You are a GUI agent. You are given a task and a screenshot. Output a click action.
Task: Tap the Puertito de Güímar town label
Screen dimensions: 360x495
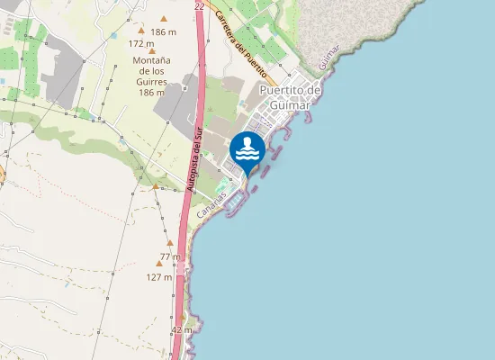click(x=290, y=97)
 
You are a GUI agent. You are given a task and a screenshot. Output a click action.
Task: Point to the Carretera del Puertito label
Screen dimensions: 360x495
click(x=240, y=41)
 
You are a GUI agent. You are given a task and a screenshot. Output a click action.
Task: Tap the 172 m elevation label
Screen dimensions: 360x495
click(x=141, y=43)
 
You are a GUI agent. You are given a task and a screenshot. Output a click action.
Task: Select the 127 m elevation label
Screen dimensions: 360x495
click(x=159, y=277)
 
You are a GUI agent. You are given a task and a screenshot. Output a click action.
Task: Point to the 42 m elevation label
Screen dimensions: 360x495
click(x=182, y=330)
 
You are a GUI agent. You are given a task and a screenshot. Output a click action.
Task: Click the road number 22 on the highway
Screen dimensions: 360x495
click(x=199, y=6)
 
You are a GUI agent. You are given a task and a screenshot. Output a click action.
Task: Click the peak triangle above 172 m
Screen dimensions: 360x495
click(x=141, y=31)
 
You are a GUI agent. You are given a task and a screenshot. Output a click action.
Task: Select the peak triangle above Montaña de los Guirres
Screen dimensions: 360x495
click(x=151, y=51)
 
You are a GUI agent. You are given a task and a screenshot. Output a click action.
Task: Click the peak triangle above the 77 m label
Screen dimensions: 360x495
click(x=169, y=243)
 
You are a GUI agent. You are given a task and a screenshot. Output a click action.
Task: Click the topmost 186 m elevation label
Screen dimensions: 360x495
click(x=164, y=31)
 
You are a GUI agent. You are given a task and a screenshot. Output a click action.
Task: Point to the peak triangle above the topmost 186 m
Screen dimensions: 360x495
click(x=164, y=19)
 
